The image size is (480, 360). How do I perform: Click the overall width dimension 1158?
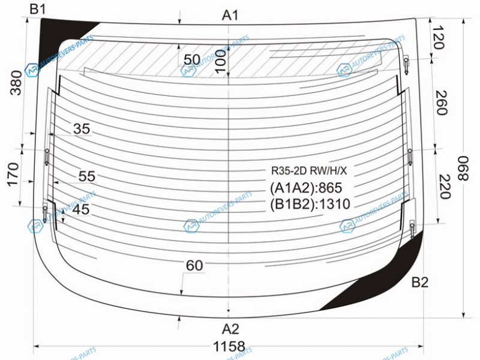point(229,346)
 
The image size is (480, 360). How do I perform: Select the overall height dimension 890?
point(463,169)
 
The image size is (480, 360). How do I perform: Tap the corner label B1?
point(37,10)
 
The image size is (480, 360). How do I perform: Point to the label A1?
point(230,15)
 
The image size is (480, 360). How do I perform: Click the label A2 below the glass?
point(230,329)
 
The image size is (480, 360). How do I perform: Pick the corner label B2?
point(419,282)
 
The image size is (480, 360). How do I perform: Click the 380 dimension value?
point(16,83)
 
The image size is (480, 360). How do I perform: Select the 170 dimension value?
point(13,175)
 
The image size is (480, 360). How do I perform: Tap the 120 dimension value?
point(438,38)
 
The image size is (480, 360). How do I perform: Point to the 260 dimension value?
point(442,103)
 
